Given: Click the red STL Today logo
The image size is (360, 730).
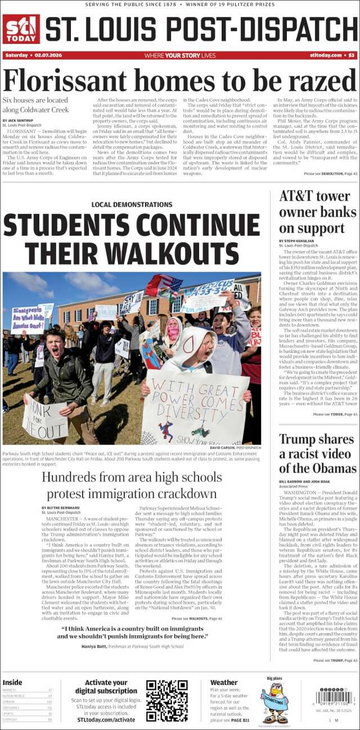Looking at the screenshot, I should click(x=21, y=29).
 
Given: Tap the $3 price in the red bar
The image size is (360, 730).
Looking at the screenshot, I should click(x=351, y=55).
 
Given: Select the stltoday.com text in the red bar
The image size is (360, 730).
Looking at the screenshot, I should click(x=326, y=55).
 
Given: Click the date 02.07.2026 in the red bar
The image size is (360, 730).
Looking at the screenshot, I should click(x=50, y=55).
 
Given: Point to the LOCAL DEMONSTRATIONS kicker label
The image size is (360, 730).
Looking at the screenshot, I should click(x=132, y=205).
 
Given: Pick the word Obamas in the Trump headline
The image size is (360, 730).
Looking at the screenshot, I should click(x=332, y=468).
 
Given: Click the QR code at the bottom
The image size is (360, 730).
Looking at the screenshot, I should click(x=166, y=701).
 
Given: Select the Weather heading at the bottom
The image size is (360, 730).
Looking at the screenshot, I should click(x=224, y=683).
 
